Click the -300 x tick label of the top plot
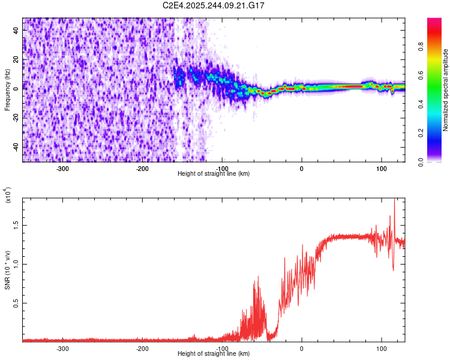[x=62, y=168]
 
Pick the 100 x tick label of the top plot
[x=381, y=168]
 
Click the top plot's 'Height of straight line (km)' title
[x=214, y=173]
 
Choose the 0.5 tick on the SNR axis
[x=16, y=303]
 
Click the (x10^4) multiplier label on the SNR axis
[x=8, y=195]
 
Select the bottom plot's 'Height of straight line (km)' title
[x=214, y=353]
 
